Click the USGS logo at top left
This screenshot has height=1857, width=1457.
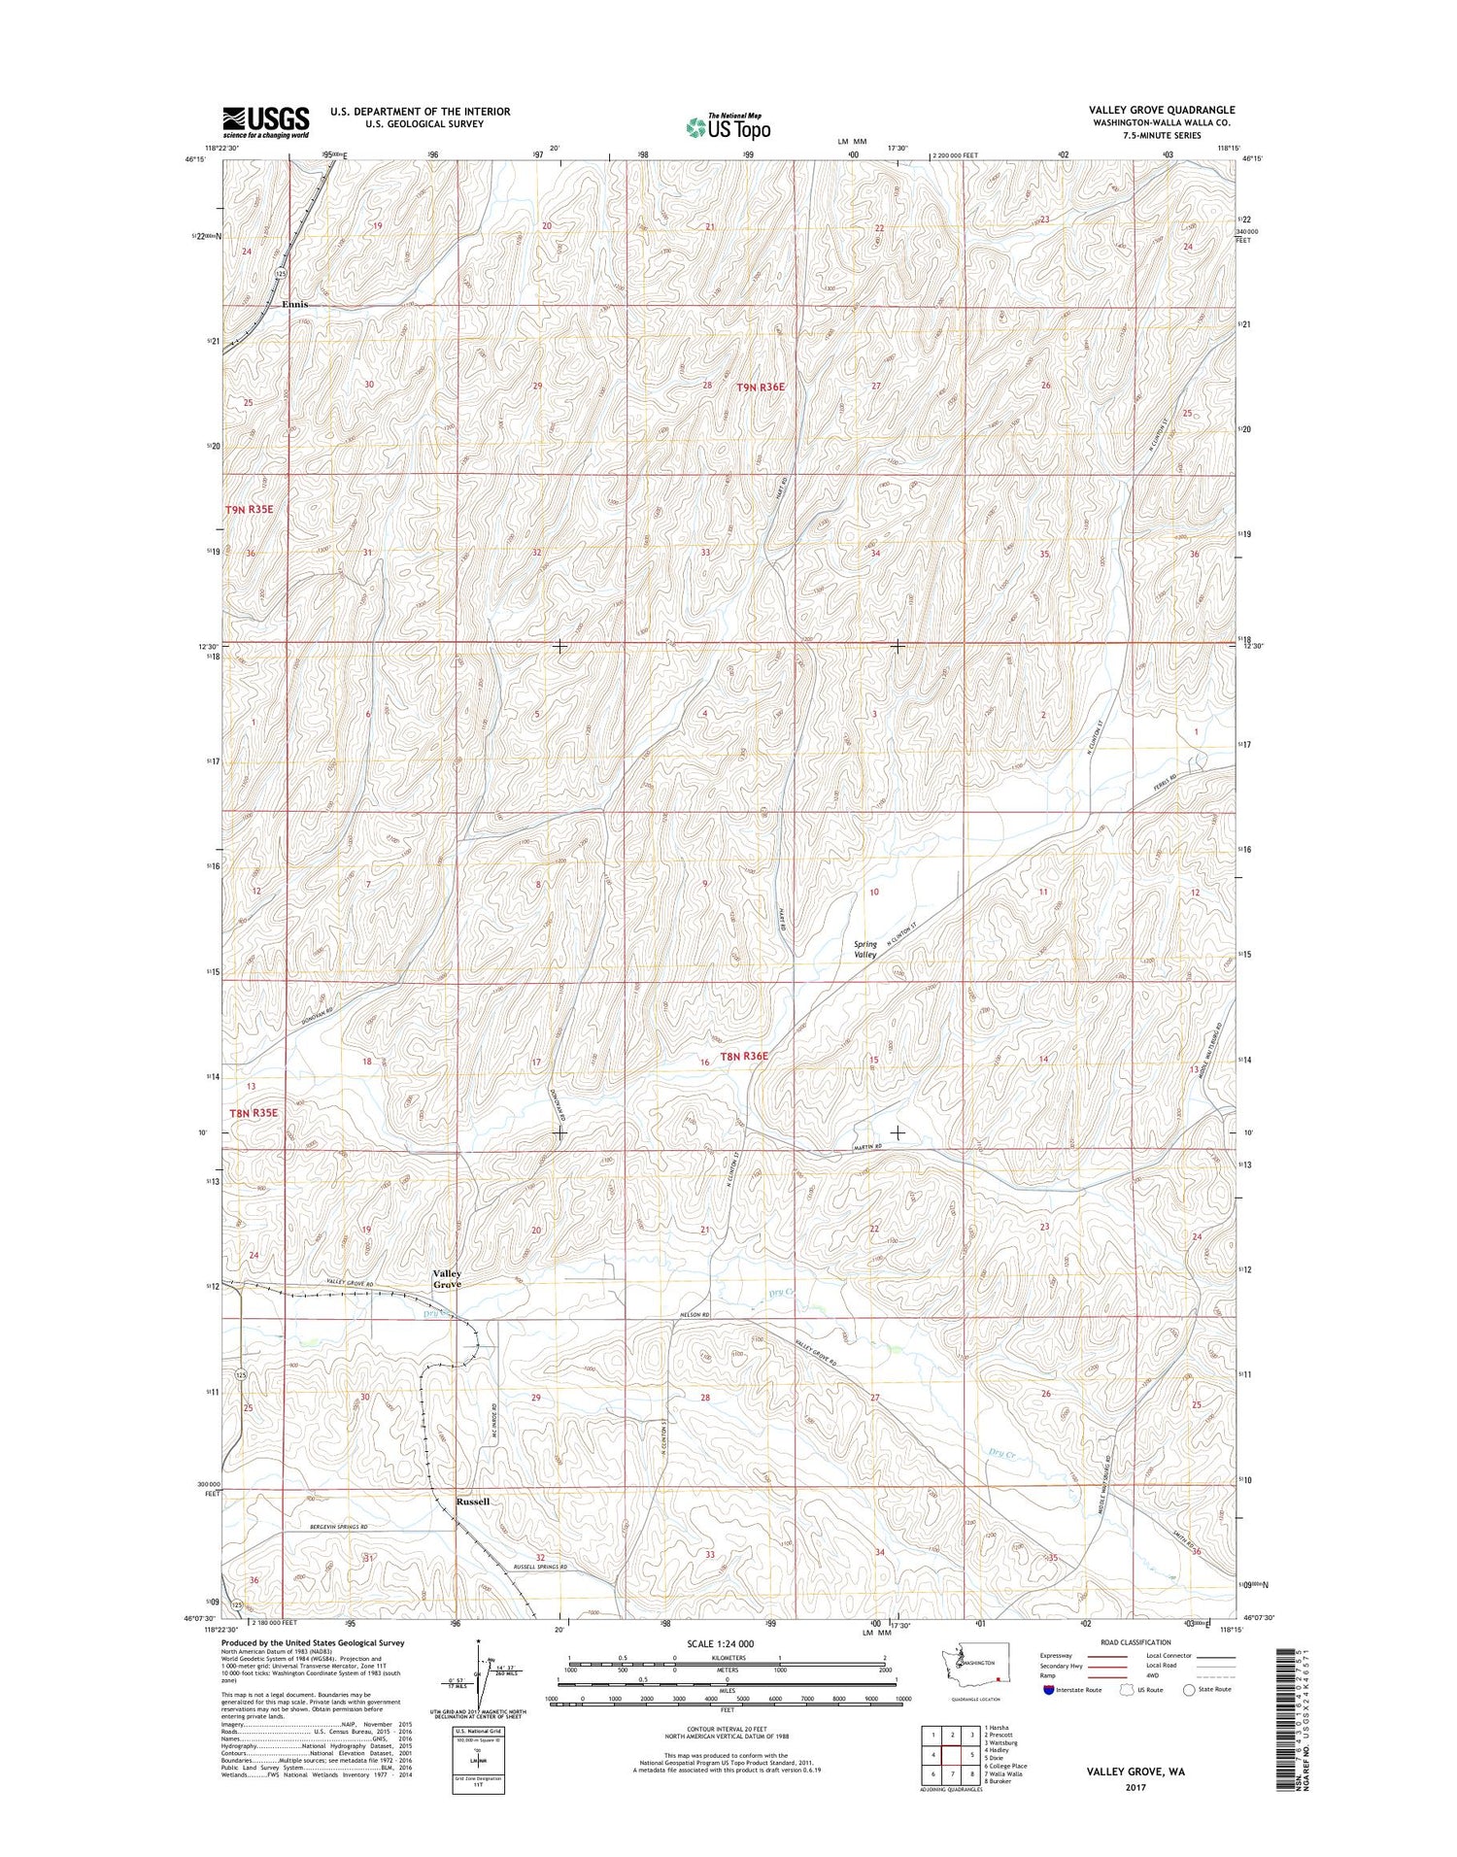point(265,122)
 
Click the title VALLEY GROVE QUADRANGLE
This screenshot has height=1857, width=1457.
point(1162,110)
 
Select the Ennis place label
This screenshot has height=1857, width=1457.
point(294,304)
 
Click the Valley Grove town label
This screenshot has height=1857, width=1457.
point(447,1278)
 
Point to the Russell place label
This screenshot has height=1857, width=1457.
point(472,1501)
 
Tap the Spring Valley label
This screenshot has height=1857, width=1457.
point(864,949)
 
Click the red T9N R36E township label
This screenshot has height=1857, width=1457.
point(760,387)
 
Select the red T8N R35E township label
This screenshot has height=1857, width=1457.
point(253,1113)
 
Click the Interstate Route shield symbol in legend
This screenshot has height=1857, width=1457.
point(1045,1689)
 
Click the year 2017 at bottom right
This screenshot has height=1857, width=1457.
point(1135,1787)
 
